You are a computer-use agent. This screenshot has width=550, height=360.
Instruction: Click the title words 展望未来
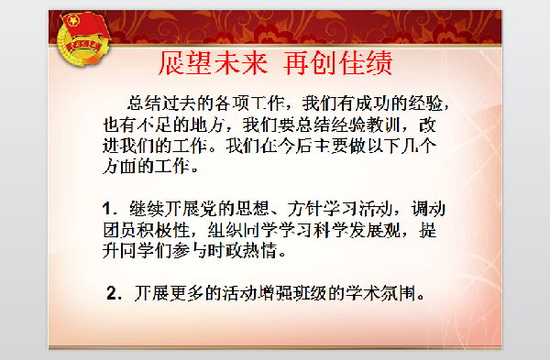212,63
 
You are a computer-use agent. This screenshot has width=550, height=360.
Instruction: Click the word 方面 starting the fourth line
117,168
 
